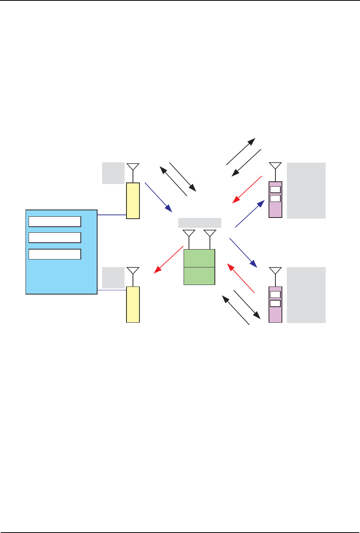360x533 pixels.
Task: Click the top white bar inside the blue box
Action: click(55, 221)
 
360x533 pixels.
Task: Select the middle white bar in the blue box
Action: click(55, 238)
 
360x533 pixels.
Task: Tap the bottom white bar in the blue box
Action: click(55, 254)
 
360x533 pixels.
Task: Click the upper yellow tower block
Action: click(133, 200)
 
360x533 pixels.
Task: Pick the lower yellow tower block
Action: click(133, 304)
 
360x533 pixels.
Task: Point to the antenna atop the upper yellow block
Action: click(133, 167)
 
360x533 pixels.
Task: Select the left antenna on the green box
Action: click(189, 234)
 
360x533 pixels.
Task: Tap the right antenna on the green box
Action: click(210, 234)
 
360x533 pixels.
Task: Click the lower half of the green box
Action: click(199, 276)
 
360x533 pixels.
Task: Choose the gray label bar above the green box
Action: click(200, 222)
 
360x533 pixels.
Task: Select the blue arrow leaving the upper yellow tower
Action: click(158, 198)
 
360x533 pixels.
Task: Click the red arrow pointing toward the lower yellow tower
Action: click(168, 259)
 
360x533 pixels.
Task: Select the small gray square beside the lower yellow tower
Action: click(113, 277)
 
